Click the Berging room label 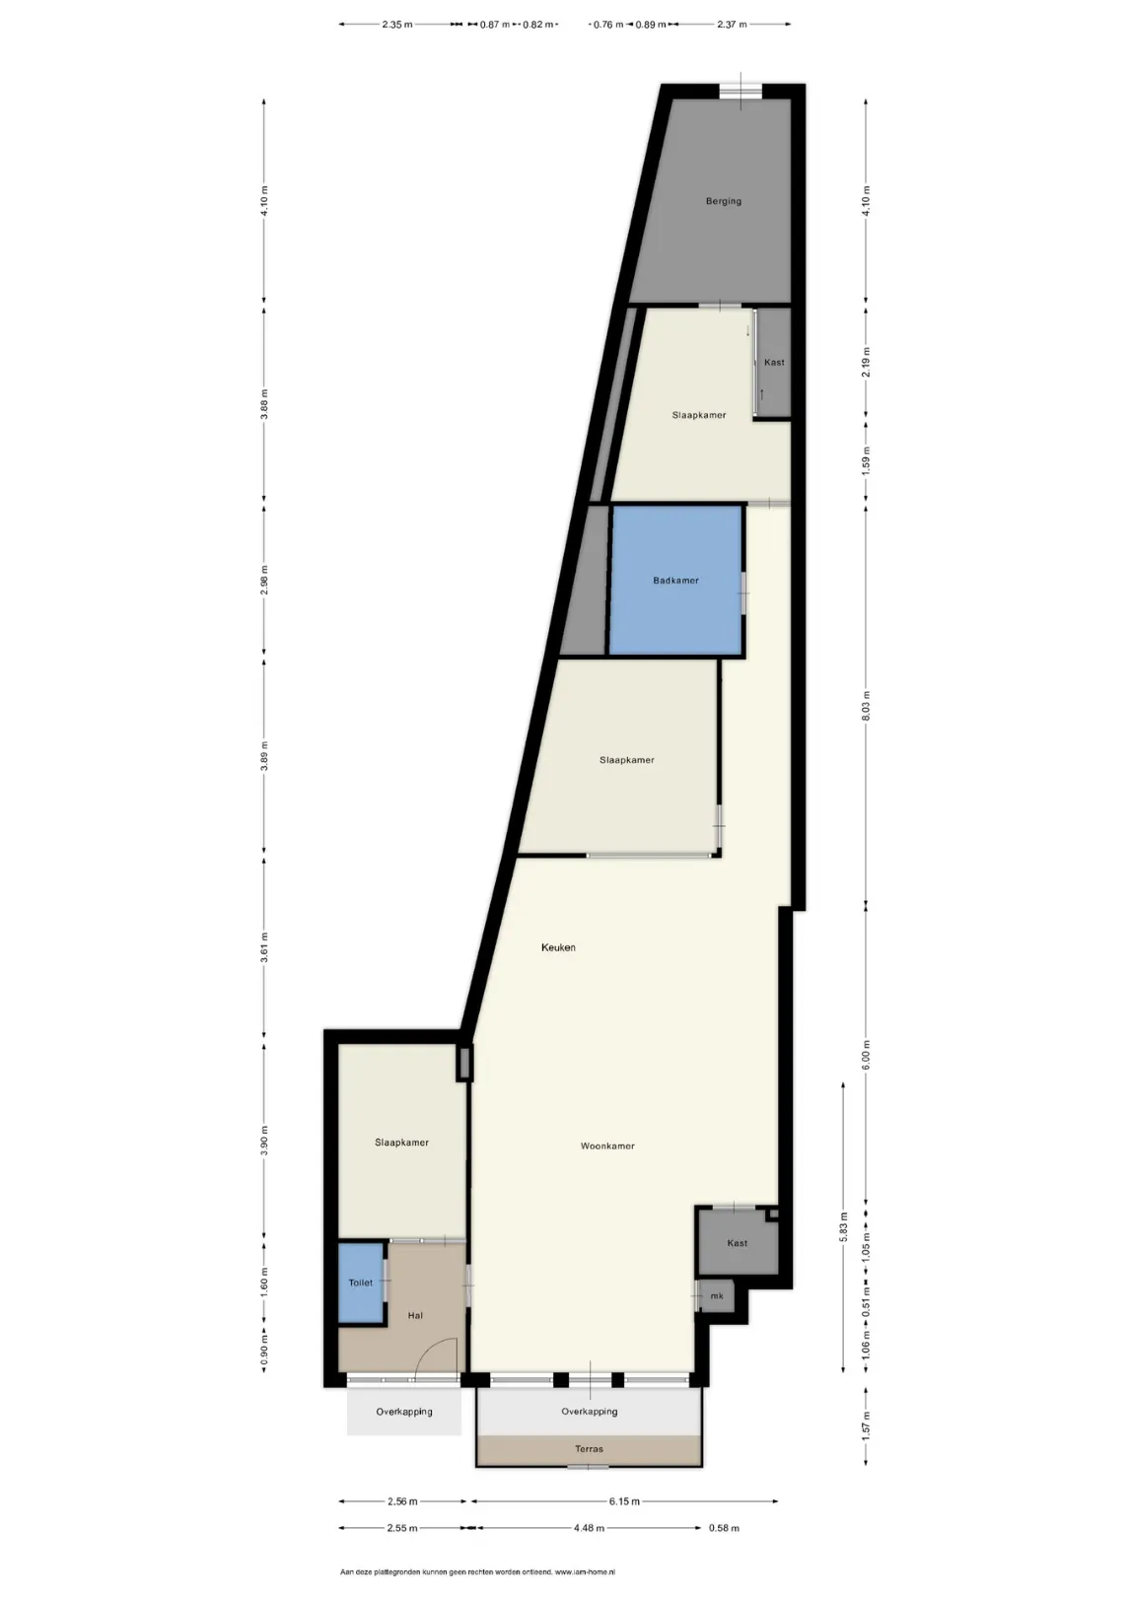(x=723, y=201)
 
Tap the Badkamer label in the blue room (x=675, y=581)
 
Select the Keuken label (x=558, y=947)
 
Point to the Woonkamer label (x=607, y=1146)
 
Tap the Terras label (x=589, y=1449)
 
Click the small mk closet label (x=717, y=1296)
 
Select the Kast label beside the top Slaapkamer (x=774, y=362)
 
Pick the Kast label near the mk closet (x=737, y=1243)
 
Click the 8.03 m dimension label (x=867, y=706)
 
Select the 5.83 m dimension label (x=843, y=1227)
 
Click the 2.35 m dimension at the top (x=397, y=25)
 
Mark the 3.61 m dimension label (x=264, y=947)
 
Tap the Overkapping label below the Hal (x=403, y=1411)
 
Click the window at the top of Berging (x=741, y=92)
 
